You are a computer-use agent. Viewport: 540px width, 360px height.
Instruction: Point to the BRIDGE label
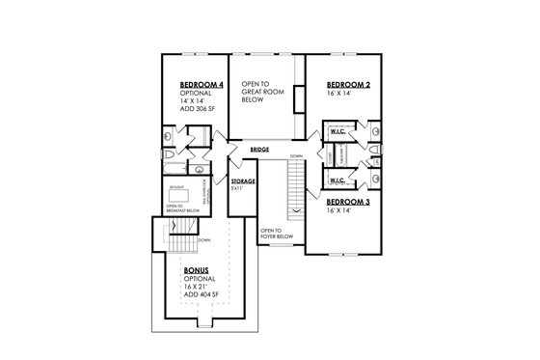tap(258, 151)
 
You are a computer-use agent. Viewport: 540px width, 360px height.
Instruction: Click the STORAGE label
tap(243, 181)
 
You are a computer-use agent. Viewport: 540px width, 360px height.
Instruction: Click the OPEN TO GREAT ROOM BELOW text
tap(260, 93)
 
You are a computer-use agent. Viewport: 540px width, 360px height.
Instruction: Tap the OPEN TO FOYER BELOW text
tap(271, 234)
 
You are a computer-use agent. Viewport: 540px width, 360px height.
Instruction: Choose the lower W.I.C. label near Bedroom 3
tap(338, 180)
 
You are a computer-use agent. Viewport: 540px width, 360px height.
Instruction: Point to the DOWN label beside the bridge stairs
tap(296, 155)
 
